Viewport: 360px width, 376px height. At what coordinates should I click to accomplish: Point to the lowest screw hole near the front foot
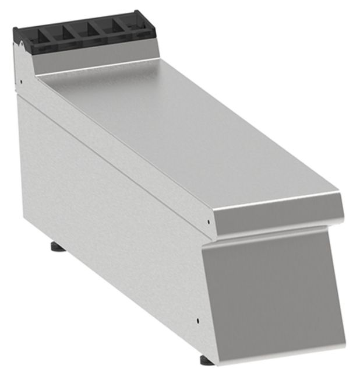tap(198, 320)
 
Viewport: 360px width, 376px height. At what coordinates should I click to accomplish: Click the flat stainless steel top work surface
tap(175, 134)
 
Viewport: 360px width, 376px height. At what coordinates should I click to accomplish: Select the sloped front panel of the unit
tap(274, 291)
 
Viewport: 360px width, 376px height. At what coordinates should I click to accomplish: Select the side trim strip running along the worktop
tap(117, 157)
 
